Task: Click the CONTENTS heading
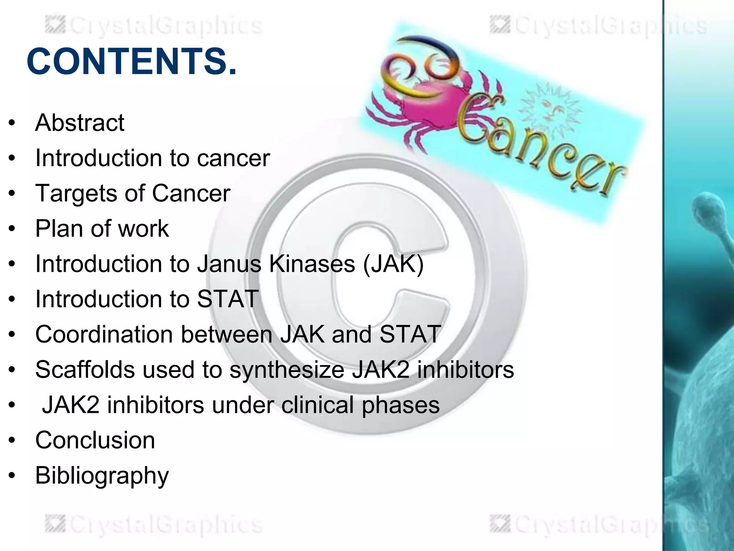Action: tap(132, 62)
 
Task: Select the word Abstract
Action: tap(80, 123)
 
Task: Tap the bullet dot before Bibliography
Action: tap(12, 476)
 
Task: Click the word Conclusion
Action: tap(95, 440)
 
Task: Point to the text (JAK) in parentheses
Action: tap(394, 264)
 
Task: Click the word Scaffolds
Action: tap(85, 369)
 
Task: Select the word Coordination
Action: tap(104, 334)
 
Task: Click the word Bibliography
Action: tap(102, 476)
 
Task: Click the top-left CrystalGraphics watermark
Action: tap(154, 26)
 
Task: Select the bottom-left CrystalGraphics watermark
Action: tap(154, 524)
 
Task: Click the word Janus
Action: tap(229, 264)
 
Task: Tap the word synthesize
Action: tap(287, 370)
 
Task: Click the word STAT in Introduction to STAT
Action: tap(227, 299)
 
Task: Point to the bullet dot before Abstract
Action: tap(12, 123)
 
